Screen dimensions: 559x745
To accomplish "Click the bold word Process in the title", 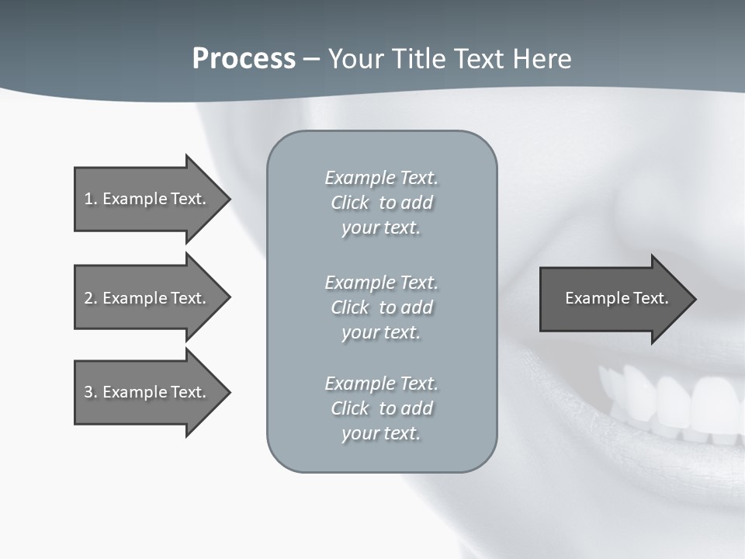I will coord(244,59).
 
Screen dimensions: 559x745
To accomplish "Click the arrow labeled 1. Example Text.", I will coord(147,199).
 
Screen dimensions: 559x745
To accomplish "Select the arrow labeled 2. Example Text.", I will coord(147,298).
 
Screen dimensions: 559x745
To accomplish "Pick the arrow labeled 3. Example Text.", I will coord(147,392).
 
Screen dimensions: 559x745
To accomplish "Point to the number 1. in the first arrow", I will coord(91,199).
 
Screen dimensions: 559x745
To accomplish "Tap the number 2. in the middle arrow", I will coord(91,298).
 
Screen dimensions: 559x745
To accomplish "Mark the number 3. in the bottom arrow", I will coord(91,392).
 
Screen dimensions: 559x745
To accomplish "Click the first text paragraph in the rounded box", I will coord(381,203).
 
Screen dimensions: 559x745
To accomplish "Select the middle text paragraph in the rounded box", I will coord(381,307).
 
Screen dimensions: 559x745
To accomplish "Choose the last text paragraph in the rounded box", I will coord(381,408).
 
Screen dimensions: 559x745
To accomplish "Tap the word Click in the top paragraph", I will coord(350,203).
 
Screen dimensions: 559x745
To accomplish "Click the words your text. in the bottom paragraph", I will coord(381,433).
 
